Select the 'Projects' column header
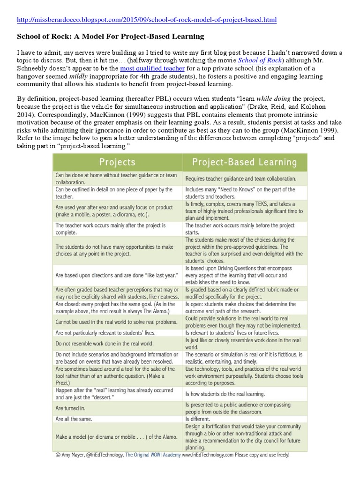[x=117, y=162]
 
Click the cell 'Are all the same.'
[x=74, y=419]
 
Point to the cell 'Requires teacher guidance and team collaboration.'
[x=240, y=179]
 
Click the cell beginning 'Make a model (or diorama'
[x=116, y=436]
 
